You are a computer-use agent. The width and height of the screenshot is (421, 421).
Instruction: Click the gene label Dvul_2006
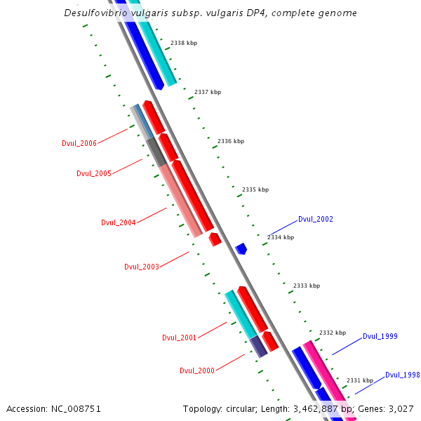coord(79,143)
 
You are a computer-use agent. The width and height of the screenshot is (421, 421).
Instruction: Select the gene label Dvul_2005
coord(93,173)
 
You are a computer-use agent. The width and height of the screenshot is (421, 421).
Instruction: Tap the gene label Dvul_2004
coord(118,222)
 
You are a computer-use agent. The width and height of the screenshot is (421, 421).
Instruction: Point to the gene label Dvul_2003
coord(141,267)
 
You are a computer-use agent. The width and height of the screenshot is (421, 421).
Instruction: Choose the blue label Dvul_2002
coord(315,219)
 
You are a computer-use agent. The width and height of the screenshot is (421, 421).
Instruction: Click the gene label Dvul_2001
coord(179,338)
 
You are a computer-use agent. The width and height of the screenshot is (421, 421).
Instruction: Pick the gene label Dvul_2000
coord(196,370)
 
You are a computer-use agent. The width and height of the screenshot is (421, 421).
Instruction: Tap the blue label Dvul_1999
coord(380,336)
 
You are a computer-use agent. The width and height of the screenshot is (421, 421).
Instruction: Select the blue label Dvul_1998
coord(402,375)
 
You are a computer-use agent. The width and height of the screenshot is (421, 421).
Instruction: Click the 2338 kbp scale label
coord(184,43)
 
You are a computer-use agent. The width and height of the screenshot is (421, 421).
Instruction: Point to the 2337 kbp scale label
coord(208,92)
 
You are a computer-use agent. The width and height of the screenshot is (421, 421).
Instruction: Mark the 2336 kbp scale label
coord(231,141)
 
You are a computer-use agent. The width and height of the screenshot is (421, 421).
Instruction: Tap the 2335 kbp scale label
coord(255,189)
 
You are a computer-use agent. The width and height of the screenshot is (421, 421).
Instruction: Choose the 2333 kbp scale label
coord(307,286)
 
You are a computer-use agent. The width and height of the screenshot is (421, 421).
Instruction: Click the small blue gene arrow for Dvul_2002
coord(241,248)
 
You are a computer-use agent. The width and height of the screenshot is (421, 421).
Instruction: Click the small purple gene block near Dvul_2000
coord(258,346)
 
